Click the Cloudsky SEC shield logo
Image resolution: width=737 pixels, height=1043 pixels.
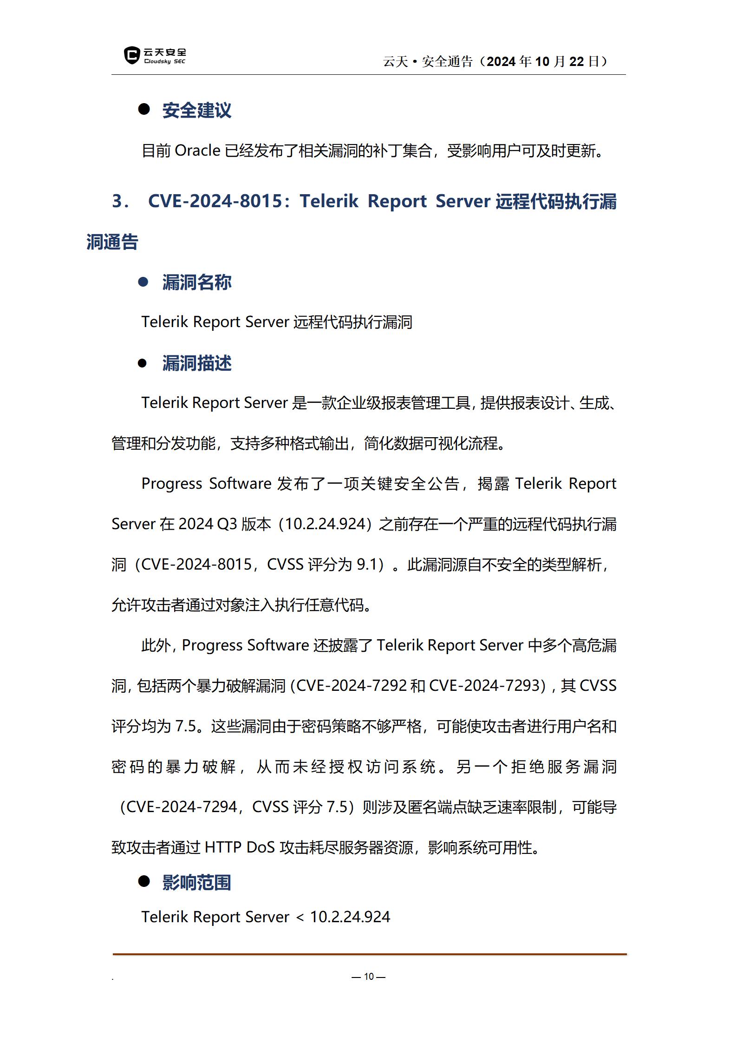132,55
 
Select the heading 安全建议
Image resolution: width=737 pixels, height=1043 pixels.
196,111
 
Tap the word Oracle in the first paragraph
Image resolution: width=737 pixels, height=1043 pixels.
197,151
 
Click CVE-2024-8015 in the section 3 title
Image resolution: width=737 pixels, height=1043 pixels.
215,201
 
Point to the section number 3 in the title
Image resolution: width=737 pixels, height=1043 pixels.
117,201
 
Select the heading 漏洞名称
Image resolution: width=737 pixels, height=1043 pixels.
196,282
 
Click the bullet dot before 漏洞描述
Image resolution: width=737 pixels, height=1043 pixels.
143,363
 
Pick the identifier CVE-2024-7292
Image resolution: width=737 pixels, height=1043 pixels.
351,686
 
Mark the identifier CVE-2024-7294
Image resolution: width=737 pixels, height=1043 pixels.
182,807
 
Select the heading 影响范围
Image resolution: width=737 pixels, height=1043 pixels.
196,882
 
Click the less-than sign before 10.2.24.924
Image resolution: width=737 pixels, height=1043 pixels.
300,917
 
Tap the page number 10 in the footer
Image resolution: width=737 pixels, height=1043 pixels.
369,977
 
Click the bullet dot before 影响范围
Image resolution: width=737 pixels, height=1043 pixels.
143,881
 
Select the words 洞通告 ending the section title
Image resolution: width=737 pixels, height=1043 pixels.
112,242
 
